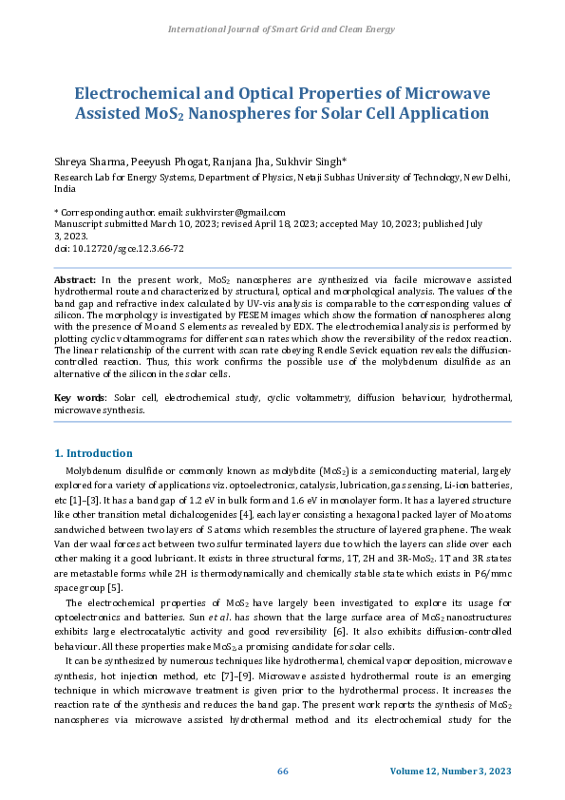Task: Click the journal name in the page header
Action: click(282, 29)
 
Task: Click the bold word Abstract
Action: click(75, 281)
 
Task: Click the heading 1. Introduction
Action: click(94, 453)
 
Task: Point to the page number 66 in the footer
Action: click(282, 771)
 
